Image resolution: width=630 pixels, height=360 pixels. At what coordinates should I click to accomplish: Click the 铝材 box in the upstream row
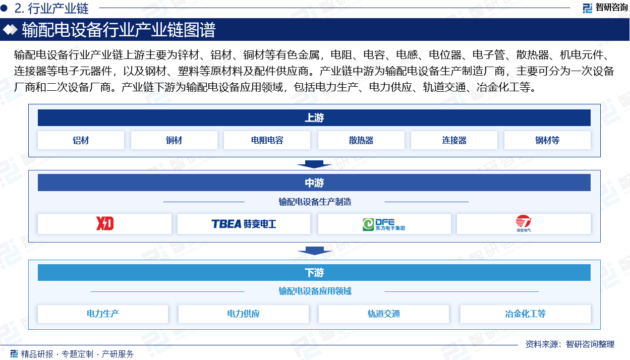click(81, 140)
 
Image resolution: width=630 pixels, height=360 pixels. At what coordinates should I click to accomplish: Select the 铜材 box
click(174, 140)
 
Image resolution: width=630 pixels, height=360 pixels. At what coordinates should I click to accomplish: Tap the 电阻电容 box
click(267, 140)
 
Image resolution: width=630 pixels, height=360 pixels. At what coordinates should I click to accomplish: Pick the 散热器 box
click(361, 140)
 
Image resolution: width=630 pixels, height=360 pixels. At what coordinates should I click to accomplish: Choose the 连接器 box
click(454, 140)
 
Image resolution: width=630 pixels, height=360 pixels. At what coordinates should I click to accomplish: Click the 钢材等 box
click(547, 140)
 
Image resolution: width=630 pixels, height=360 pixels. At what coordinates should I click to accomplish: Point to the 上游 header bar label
click(314, 118)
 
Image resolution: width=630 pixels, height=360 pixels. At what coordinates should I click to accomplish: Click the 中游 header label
click(314, 183)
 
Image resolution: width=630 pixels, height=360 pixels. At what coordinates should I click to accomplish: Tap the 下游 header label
click(314, 273)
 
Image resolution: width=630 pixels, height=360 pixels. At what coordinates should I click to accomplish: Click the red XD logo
click(104, 224)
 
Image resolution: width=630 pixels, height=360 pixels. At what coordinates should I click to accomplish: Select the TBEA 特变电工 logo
click(244, 224)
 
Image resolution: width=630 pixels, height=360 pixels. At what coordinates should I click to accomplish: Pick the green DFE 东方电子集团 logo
click(384, 224)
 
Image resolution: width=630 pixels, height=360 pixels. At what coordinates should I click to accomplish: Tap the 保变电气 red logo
click(524, 223)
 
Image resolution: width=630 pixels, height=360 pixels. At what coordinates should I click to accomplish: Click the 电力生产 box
click(103, 314)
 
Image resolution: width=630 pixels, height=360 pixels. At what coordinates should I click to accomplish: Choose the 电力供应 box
click(243, 314)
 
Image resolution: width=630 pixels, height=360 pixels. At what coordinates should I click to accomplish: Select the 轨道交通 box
click(384, 314)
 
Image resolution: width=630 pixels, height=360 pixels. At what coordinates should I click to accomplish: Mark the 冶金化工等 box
click(526, 314)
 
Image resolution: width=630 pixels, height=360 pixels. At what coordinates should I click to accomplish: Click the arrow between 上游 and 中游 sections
click(314, 164)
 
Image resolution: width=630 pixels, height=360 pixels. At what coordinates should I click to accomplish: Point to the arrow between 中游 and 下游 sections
click(314, 251)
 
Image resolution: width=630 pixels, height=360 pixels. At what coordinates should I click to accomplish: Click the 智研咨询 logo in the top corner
click(605, 8)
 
